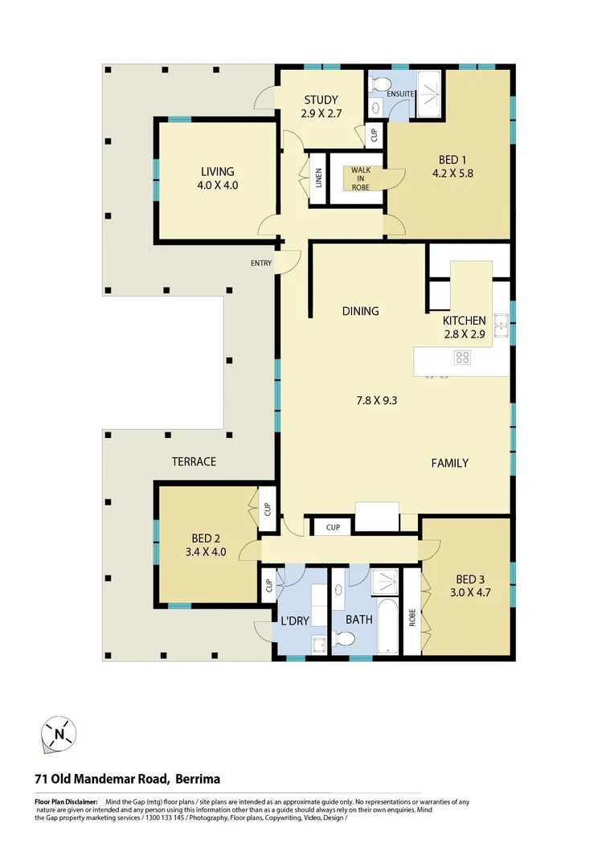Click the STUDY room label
point(321,100)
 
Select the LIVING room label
point(218,171)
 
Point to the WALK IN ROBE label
point(360,178)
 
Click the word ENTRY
point(261,264)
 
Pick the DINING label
point(360,311)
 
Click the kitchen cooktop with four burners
point(462,358)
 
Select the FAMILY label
point(449,463)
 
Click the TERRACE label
point(194,461)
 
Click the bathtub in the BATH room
point(387,625)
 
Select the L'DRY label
point(296,620)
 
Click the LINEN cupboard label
point(319,178)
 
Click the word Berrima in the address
point(196,779)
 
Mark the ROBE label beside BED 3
point(412,618)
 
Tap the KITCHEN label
point(465,320)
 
